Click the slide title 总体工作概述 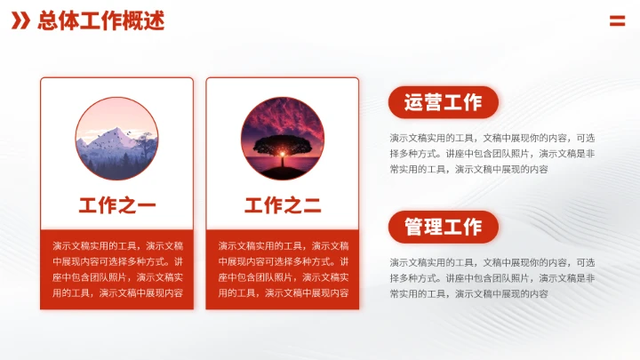[100, 20]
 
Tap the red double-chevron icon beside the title [20, 20]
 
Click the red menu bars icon [617, 20]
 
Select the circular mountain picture [116, 137]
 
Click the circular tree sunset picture [282, 137]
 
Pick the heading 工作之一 [116, 206]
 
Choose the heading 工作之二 [282, 206]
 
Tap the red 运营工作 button [443, 102]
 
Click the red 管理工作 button [443, 227]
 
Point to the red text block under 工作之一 [116, 268]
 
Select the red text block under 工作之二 [282, 268]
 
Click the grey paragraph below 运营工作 [492, 153]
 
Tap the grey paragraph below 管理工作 [492, 277]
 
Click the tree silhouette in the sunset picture [281, 146]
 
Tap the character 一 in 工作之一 [147, 206]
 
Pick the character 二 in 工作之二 [312, 206]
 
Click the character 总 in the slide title [47, 20]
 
